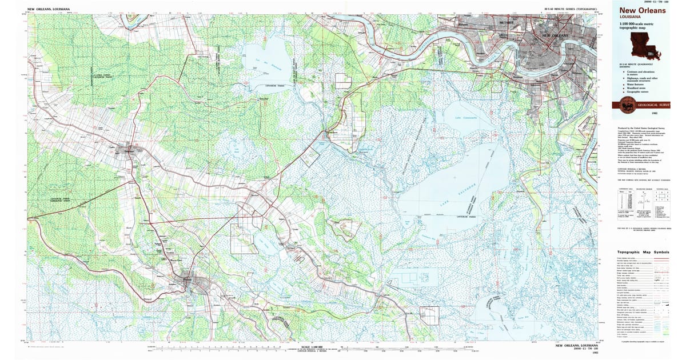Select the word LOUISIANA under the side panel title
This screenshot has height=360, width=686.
coord(629,17)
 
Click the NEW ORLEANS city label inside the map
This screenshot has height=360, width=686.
coord(554,35)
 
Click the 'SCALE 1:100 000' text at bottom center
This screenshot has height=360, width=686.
coord(302,346)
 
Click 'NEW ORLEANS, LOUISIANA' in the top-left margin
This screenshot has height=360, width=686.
coord(48,10)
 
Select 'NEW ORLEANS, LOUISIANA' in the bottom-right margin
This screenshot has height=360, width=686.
coord(576,345)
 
